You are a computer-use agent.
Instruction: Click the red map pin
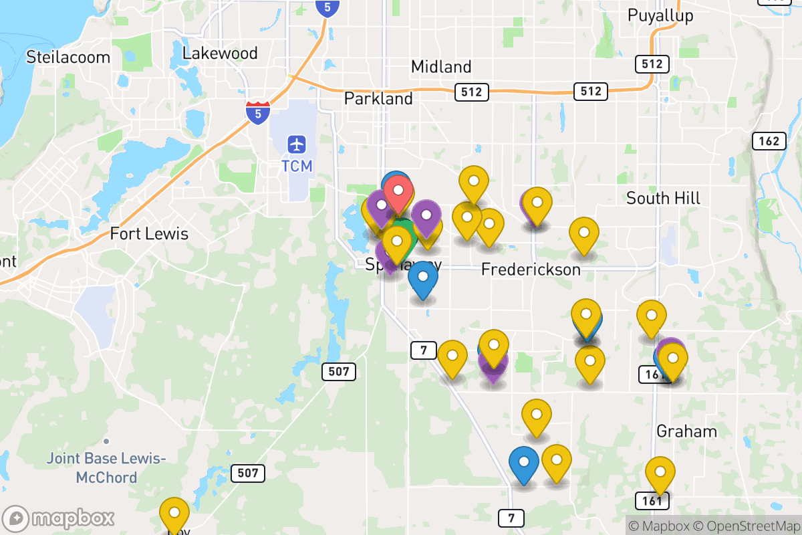(x=398, y=190)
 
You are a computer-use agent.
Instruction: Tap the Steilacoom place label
(x=68, y=57)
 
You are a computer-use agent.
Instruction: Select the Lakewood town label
(x=220, y=53)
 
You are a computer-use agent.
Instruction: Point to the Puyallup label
(x=660, y=15)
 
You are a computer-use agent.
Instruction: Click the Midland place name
(x=441, y=67)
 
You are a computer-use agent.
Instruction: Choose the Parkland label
(x=378, y=98)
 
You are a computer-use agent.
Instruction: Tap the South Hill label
(x=663, y=198)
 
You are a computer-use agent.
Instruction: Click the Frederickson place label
(x=531, y=270)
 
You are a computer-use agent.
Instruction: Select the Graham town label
(x=686, y=431)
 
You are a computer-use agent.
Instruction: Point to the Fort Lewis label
(x=149, y=234)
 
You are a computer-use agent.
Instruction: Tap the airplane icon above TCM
(x=297, y=144)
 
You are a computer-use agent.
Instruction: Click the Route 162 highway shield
(x=769, y=141)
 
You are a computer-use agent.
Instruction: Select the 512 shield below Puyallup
(x=651, y=64)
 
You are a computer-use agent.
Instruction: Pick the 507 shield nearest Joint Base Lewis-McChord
(x=247, y=473)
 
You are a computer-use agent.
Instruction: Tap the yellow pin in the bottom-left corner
(x=174, y=513)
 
